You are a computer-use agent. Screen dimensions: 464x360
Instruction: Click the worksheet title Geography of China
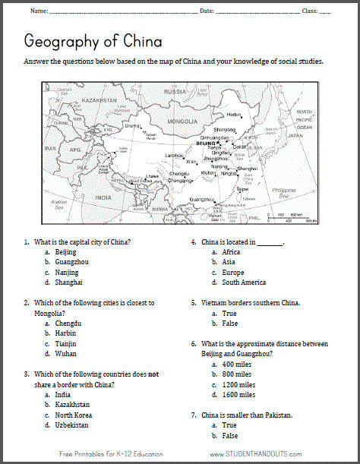[93, 39]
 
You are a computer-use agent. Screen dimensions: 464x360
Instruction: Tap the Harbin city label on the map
[233, 115]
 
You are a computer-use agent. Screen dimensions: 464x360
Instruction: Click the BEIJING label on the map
[206, 143]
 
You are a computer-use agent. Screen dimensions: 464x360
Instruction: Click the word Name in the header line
[39, 11]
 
